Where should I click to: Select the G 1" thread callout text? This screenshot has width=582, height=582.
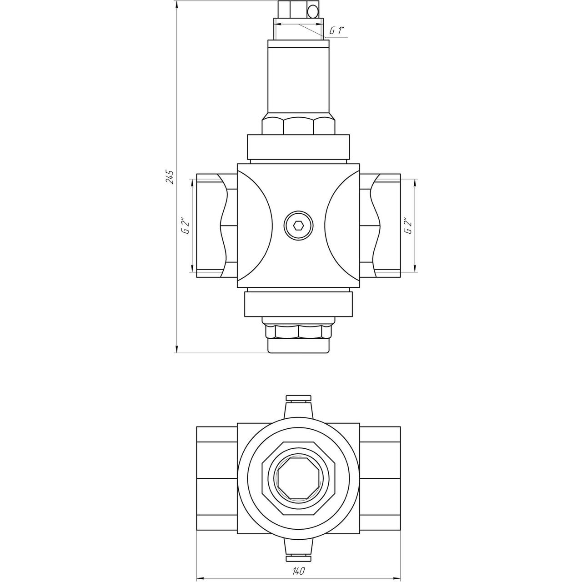tap(337, 30)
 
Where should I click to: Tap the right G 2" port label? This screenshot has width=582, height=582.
tap(408, 226)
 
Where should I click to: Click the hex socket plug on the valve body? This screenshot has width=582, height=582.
tap(298, 226)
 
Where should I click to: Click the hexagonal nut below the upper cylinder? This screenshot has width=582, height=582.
tap(298, 126)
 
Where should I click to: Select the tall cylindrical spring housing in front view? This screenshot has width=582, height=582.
tap(298, 80)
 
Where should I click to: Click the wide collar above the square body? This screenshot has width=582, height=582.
tap(298, 146)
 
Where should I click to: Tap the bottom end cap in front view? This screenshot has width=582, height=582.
tap(298, 346)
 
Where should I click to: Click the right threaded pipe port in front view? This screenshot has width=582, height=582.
tap(381, 226)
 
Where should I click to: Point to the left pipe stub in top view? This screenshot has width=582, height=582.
tap(216, 478)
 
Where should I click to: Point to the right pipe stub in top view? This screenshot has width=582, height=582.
tap(380, 478)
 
